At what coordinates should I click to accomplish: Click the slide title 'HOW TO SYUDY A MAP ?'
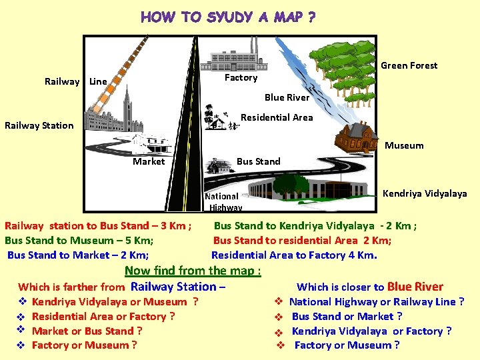[228, 17]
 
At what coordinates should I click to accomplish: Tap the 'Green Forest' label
[409, 65]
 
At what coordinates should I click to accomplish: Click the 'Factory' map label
[241, 78]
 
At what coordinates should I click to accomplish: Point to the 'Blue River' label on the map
[287, 97]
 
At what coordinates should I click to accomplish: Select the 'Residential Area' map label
[277, 117]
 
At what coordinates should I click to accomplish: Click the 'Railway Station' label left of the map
[39, 125]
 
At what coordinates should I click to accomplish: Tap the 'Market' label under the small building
[149, 161]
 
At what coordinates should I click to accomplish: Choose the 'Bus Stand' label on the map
[259, 161]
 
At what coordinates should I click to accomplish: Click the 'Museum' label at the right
[404, 145]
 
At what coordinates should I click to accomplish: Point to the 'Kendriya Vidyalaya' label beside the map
[425, 193]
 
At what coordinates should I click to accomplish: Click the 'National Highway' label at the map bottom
[223, 201]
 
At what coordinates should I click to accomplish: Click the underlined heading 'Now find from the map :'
[193, 271]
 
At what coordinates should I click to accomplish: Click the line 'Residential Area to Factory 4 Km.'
[294, 255]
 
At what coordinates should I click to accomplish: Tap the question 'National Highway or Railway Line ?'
[377, 302]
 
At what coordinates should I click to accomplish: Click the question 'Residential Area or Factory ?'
[103, 317]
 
